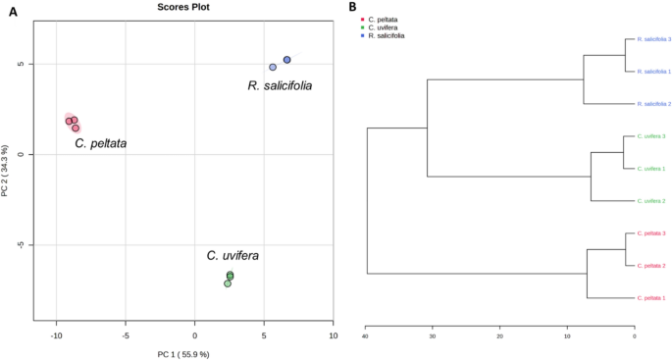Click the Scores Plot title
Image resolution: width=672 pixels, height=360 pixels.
(x=184, y=8)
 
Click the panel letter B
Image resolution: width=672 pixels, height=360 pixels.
(x=352, y=8)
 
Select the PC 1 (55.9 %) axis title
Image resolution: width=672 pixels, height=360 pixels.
(x=182, y=353)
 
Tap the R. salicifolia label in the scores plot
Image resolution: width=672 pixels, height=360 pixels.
(x=280, y=86)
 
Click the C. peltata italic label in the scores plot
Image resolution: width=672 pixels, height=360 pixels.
(x=101, y=144)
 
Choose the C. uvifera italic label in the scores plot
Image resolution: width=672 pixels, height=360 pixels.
(x=233, y=256)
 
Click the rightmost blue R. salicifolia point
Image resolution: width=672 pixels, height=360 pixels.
(x=287, y=60)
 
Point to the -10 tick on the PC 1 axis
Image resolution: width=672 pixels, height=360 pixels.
(x=56, y=335)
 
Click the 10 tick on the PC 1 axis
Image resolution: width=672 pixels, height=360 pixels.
(x=333, y=335)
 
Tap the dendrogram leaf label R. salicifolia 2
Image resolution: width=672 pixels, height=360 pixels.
(x=654, y=103)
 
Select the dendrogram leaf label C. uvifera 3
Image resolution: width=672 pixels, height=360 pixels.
(x=652, y=135)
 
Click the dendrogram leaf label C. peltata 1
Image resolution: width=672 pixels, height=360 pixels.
(x=652, y=297)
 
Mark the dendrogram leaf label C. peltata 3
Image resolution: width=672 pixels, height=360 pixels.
(x=652, y=232)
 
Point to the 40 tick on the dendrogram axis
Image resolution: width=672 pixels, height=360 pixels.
(x=365, y=336)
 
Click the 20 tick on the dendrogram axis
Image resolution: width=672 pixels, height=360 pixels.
(x=499, y=336)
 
